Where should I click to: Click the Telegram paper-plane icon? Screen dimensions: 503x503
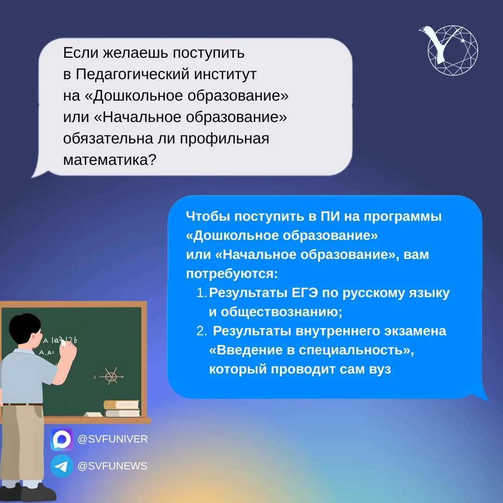61,466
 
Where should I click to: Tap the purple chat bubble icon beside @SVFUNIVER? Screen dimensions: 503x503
61,439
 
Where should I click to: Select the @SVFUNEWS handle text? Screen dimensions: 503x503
112,466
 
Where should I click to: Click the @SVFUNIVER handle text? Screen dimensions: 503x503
113,439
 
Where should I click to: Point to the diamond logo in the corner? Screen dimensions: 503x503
449,50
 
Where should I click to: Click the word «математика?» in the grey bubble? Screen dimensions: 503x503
109,160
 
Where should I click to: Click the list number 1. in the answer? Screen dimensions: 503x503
202,292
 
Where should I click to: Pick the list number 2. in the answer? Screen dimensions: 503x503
202,331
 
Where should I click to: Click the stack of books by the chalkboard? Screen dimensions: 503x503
122,408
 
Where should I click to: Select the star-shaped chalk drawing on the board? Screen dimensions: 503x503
111,376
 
